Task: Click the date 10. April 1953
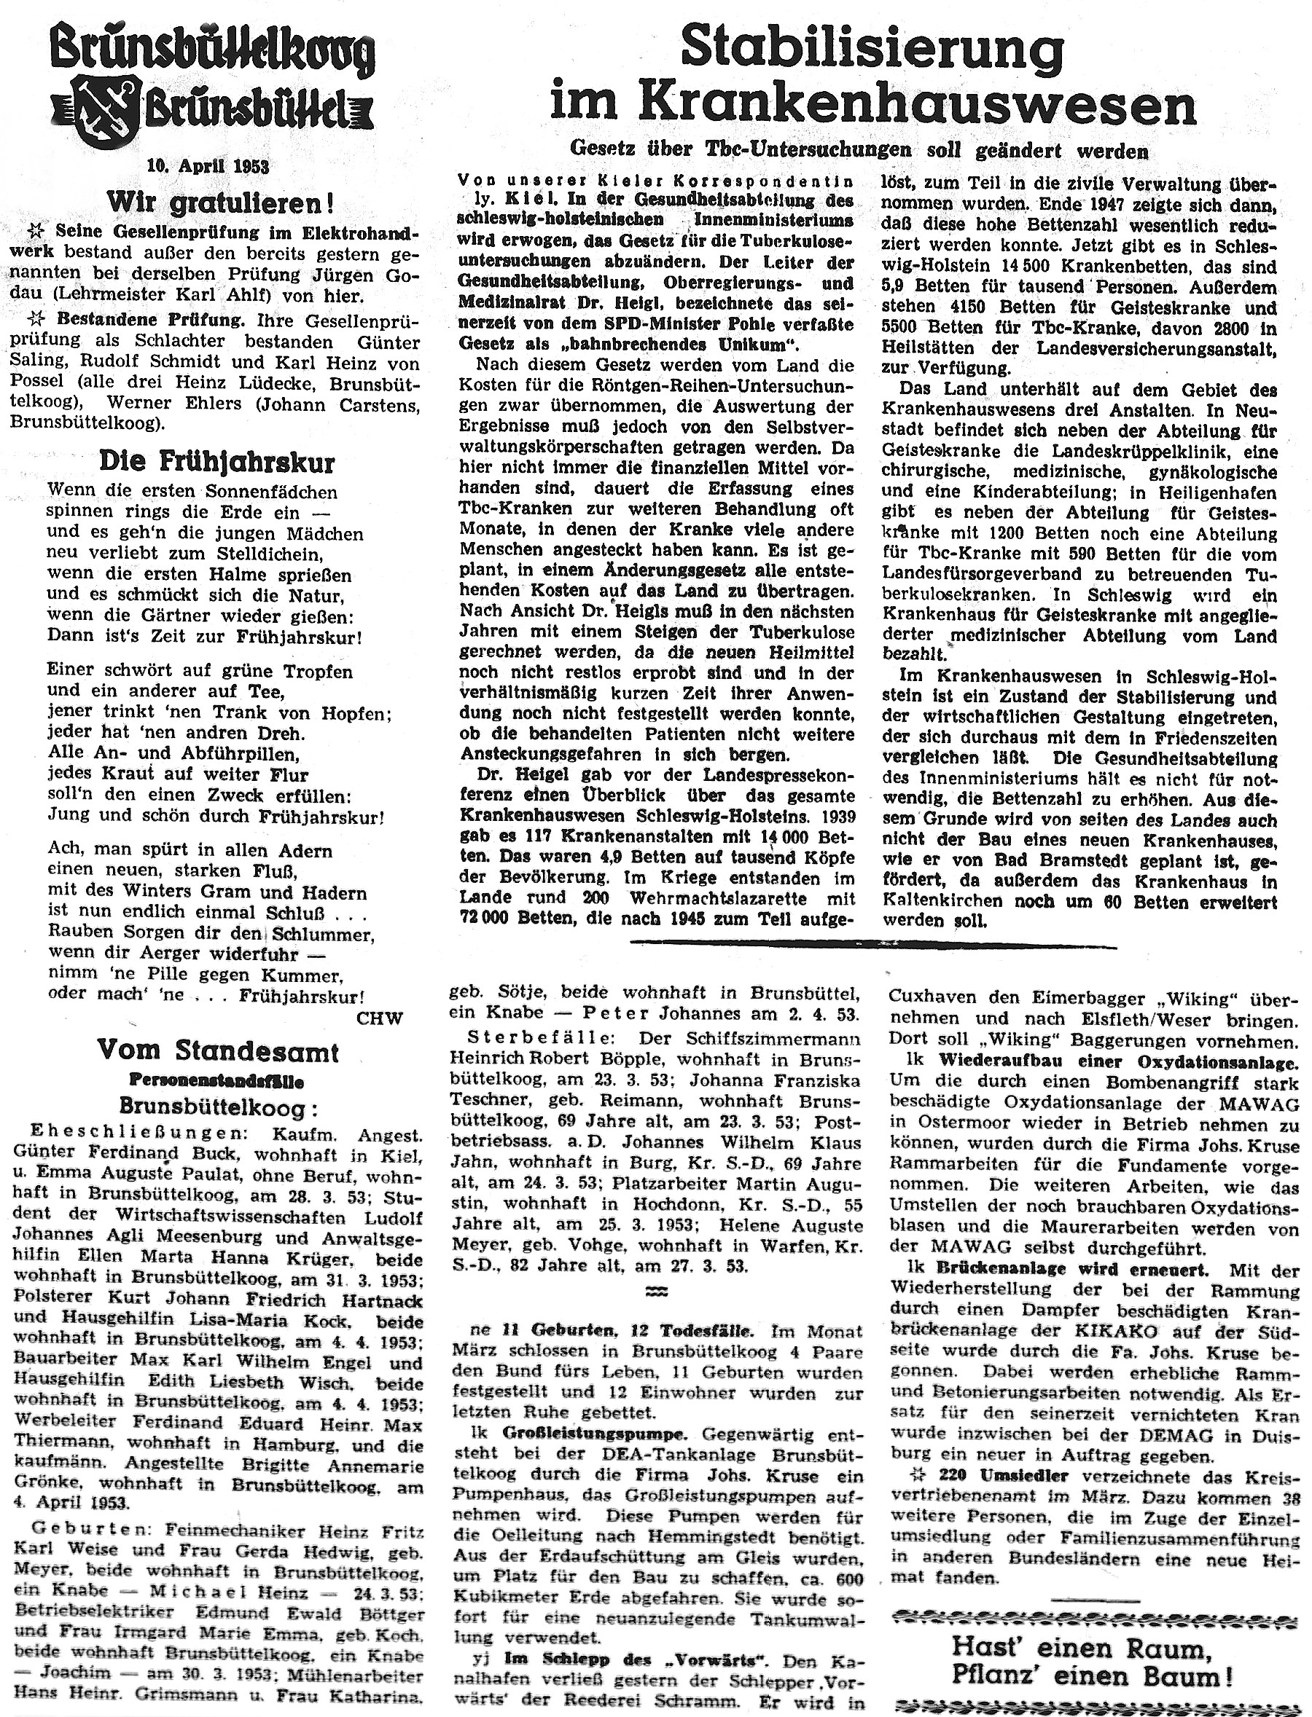click(208, 166)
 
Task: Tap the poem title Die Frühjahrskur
click(217, 462)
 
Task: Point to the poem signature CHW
click(380, 1018)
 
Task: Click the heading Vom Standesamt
click(218, 1051)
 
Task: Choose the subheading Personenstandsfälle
click(217, 1082)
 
